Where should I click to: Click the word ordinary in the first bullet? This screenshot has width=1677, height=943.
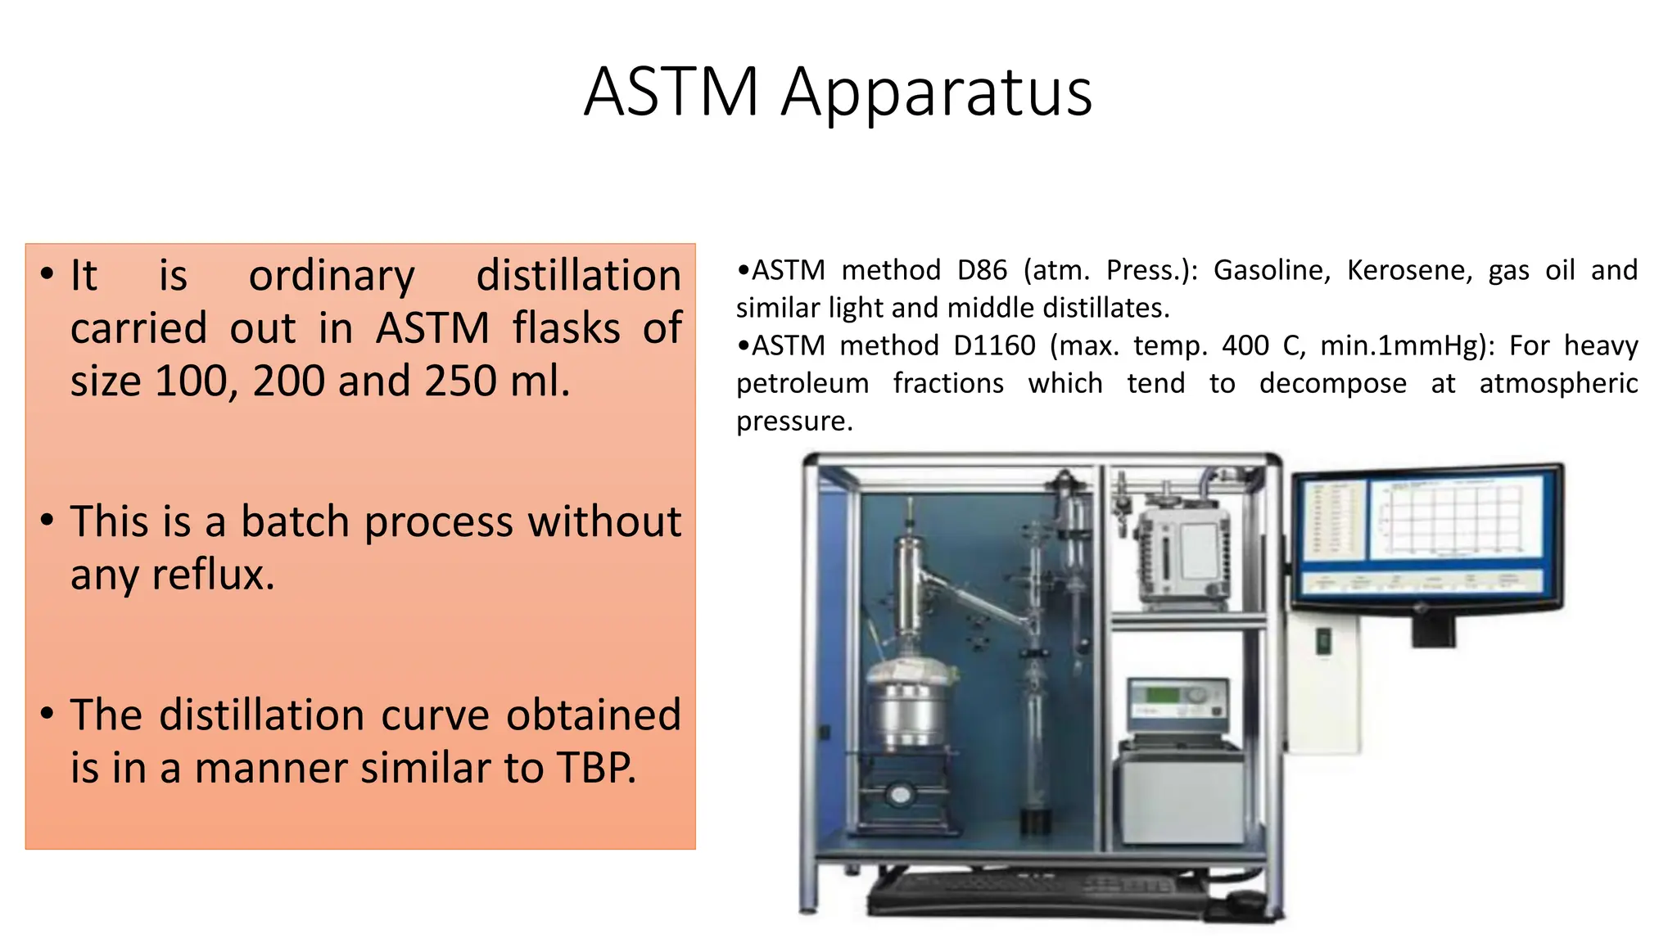point(332,276)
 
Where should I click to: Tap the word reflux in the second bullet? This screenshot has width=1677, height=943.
point(212,575)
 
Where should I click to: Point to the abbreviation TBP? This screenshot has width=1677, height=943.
point(595,768)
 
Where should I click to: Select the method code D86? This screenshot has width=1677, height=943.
point(982,270)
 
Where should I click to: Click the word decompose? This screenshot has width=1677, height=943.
point(1332,383)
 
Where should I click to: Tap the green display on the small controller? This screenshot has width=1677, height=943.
point(1162,696)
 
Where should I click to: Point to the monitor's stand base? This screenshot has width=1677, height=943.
point(1433,630)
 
